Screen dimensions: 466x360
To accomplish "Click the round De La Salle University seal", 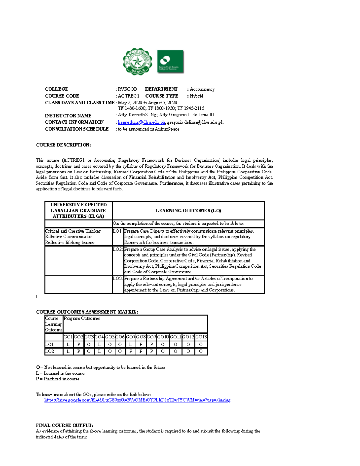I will pos(138,62).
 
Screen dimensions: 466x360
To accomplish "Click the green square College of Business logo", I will pos(170,62).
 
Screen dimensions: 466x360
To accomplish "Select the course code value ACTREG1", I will pos(129,96).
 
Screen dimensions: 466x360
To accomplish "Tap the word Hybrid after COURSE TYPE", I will pos(196,96).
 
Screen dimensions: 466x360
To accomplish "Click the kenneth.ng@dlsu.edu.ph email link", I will pos(142,122).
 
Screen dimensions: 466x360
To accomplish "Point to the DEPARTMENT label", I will pos(161,89).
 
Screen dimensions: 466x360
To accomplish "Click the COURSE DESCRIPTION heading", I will pos(63,145).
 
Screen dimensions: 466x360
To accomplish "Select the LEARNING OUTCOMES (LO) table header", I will pos(188,211).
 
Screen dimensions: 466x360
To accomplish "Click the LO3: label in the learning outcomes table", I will pos(118,279).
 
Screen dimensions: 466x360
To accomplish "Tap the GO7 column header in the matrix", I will pos(130,337).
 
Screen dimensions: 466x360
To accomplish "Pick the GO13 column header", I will pos(201,337).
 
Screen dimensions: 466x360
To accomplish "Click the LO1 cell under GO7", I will pos(130,344).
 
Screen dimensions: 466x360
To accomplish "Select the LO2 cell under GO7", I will pos(130,351).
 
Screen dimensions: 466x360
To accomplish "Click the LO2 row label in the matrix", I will pos(49,351).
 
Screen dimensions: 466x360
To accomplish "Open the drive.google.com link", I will pos(137,400).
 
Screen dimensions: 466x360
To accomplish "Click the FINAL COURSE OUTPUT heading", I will pos(64,425).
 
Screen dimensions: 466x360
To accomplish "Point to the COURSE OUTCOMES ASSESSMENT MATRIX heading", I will pos(87,312).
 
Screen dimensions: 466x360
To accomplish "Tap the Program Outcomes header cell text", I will pos(82,319).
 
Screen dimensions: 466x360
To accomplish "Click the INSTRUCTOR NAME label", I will pos(68,116).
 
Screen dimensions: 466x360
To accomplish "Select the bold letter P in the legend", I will pos(37,379).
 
